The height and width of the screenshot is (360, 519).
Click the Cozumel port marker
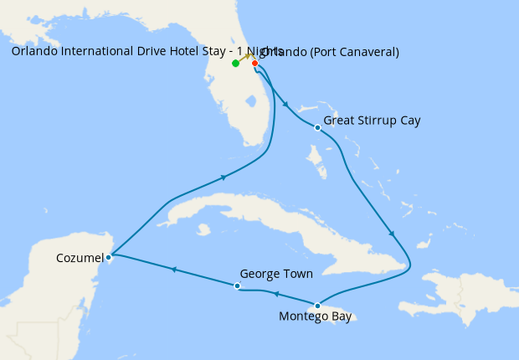pos(109,257)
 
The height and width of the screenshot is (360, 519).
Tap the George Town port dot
pos(238,286)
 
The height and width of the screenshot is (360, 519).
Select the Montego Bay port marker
pos(317,306)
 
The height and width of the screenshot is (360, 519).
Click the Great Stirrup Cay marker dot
pos(317,128)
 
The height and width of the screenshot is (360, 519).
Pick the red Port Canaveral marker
pos(254,63)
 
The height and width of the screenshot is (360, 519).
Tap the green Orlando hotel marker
pos(236,64)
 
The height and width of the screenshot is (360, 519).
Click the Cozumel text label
pos(81,257)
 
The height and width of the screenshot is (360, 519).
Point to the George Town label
pos(275,274)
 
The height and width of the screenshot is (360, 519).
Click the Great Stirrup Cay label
pos(372,121)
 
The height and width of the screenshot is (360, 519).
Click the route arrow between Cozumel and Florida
pos(224,177)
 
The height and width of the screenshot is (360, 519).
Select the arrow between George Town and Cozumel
pos(174,270)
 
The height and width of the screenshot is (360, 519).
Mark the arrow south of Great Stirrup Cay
pos(392,234)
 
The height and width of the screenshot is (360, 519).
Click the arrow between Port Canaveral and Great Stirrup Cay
pos(287,105)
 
